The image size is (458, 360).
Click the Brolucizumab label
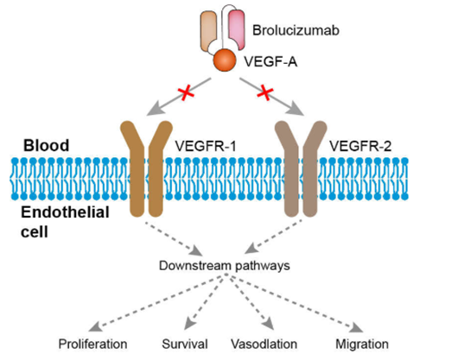(296, 30)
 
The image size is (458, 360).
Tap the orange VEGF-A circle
(225, 60)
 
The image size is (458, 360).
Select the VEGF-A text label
(270, 62)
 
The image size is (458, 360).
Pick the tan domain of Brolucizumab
(208, 31)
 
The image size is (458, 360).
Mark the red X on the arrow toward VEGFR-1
(186, 93)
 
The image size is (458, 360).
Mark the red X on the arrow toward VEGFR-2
(265, 92)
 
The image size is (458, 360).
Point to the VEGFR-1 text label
(205, 146)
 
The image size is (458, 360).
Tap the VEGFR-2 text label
(360, 146)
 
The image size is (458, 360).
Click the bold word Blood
(46, 145)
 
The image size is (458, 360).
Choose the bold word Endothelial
(65, 212)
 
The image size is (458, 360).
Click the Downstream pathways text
(225, 266)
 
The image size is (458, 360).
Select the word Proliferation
(92, 344)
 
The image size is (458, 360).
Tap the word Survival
(185, 344)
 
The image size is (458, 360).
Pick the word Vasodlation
(264, 344)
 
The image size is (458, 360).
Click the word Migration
(362, 344)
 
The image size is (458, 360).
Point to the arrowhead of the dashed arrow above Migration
(357, 328)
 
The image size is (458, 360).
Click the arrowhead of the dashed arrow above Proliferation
(95, 327)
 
